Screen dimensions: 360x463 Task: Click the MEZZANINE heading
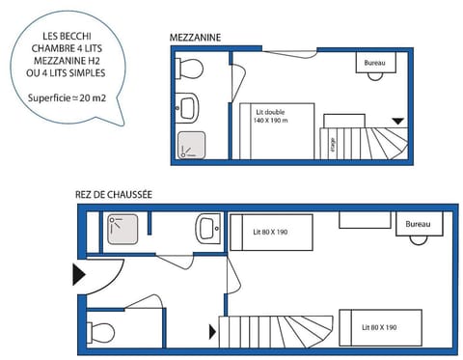195,38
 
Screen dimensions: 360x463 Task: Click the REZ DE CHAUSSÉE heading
114,194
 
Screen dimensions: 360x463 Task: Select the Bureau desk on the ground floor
418,224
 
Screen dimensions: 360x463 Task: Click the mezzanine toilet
190,69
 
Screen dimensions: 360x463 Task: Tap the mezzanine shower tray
191,144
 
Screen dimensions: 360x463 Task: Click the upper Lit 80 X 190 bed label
270,232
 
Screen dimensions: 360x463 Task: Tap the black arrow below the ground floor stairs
213,333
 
